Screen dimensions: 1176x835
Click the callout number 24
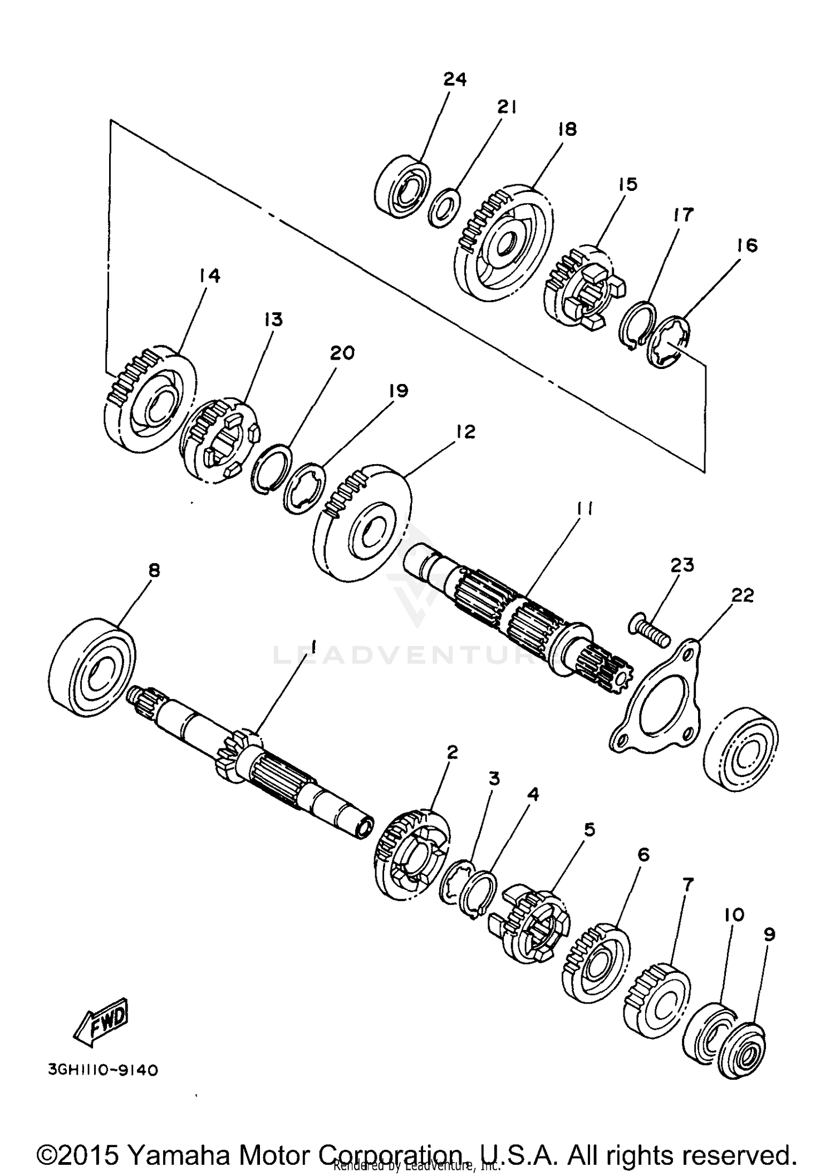click(454, 79)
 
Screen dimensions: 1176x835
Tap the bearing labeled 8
click(92, 665)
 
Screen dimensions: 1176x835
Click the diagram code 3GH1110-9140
click(103, 1070)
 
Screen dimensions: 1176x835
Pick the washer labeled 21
click(444, 208)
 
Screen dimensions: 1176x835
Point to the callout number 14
click(209, 275)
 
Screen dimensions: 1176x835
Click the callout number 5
click(589, 830)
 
